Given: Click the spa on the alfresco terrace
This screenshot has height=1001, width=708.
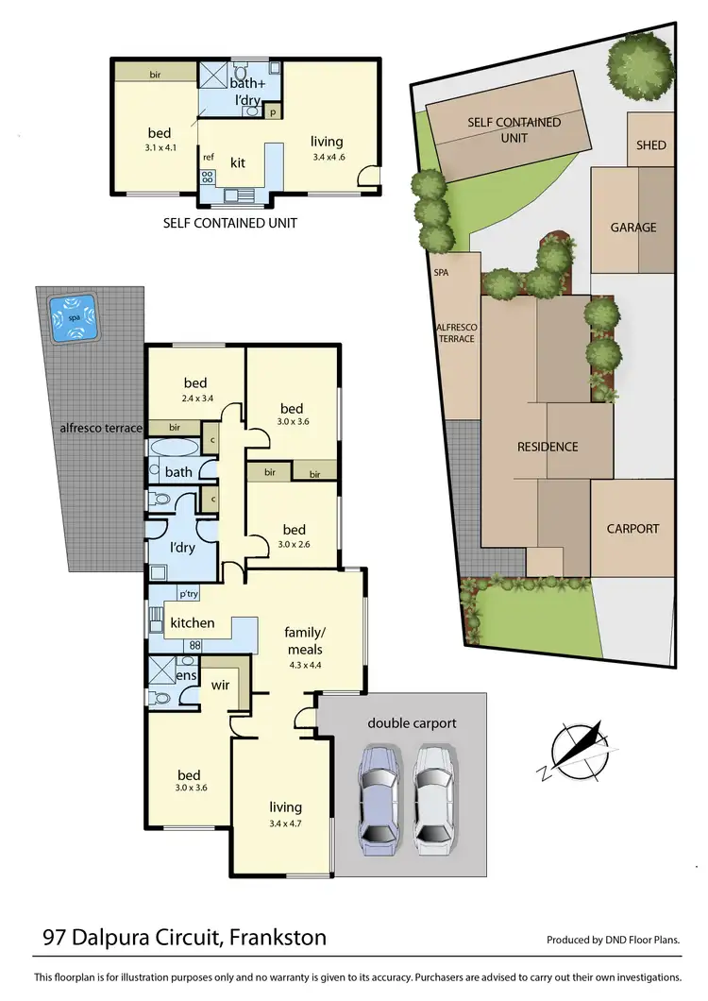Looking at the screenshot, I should pos(73,318).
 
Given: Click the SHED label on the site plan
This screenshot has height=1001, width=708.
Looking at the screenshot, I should pos(650,145).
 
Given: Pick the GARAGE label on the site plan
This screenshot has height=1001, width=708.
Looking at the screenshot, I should pos(632,228).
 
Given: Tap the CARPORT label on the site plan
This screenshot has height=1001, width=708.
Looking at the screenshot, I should pos(632,529).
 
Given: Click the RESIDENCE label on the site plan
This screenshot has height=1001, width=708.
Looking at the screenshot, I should pos(548,447).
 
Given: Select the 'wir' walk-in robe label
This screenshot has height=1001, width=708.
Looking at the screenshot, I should pos(221,684).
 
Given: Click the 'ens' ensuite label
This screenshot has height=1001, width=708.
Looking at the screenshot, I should pos(185,677).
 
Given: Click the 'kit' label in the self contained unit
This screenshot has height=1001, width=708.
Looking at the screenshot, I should pos(238,163).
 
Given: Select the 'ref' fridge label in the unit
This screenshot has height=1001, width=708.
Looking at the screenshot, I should pos(208,158).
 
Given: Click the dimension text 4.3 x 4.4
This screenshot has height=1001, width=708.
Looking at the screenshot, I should pos(305,665).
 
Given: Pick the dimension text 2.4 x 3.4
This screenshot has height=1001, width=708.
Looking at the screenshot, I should pos(195,398).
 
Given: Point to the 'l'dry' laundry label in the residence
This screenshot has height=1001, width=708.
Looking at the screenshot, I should pos(181,548).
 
